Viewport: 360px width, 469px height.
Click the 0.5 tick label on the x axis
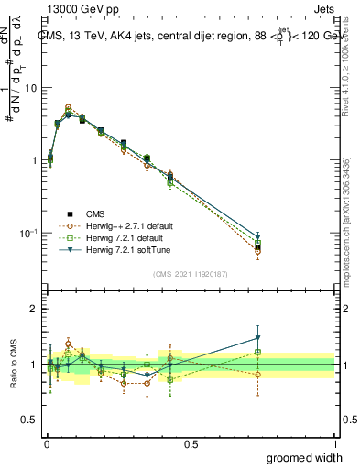pos(191,444)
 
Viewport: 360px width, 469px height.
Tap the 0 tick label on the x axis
pos(47,444)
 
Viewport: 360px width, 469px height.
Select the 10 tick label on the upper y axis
pos(32,88)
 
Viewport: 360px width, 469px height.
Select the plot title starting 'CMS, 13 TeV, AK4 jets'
pos(192,37)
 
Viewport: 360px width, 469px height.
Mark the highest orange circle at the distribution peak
pos(69,107)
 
